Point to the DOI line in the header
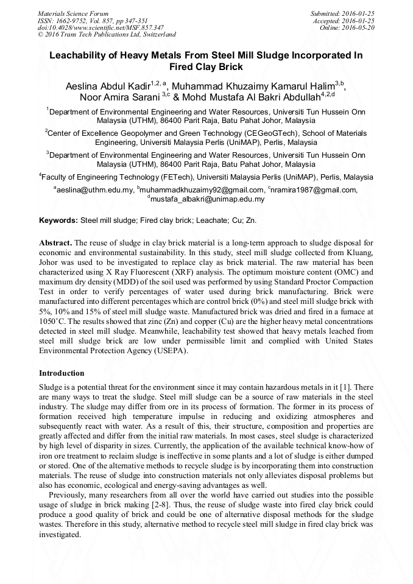pyautogui.click(x=101, y=27)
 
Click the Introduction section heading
pyautogui.click(x=62, y=373)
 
